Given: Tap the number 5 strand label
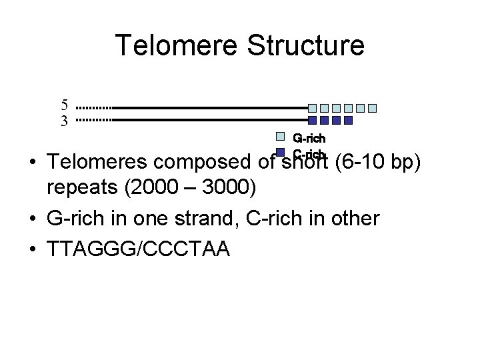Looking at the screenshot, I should (x=64, y=105).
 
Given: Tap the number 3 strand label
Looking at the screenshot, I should (x=64, y=121).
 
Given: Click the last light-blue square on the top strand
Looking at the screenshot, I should (x=373, y=107).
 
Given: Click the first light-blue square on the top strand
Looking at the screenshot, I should (x=313, y=107).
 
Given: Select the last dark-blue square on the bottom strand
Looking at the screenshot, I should (x=347, y=121).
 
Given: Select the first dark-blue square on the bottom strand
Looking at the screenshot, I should (x=313, y=121).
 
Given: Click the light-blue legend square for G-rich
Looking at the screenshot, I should (x=281, y=137).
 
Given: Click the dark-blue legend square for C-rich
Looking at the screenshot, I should (x=281, y=152).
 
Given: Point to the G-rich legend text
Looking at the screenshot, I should (x=310, y=138).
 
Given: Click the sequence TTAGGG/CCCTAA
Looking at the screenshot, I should (x=138, y=249).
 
